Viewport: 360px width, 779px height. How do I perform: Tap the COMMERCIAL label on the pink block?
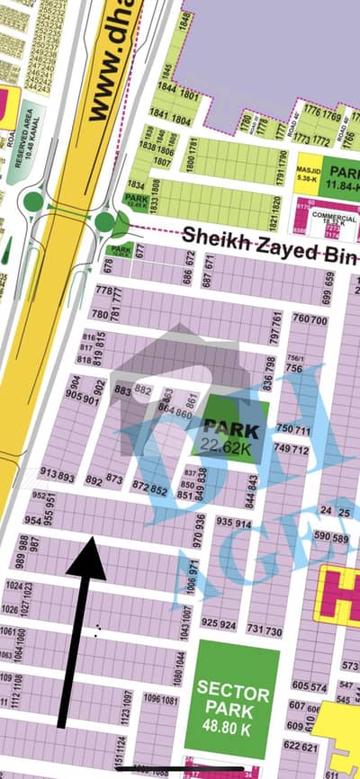pos(335,217)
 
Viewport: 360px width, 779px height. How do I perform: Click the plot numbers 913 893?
pos(58,475)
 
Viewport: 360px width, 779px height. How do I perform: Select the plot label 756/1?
pos(294,358)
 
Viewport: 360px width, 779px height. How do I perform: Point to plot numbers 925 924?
pos(219,622)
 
